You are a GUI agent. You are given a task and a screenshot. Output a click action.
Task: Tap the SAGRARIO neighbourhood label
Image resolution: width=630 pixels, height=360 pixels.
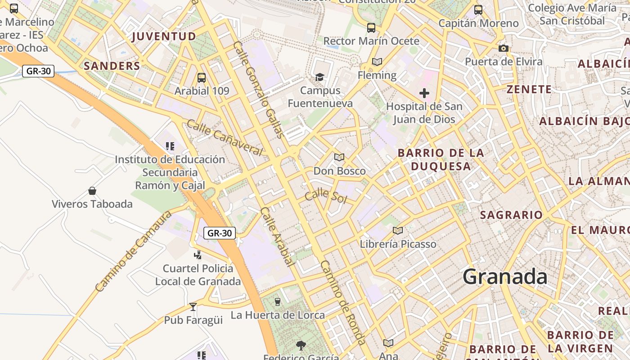(511, 215)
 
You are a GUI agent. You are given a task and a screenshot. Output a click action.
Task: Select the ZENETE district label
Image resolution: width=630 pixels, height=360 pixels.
(529, 89)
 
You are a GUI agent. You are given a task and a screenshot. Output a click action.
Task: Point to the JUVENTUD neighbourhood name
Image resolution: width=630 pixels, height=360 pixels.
(164, 36)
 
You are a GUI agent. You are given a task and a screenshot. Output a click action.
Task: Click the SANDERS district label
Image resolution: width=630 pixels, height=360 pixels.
(112, 66)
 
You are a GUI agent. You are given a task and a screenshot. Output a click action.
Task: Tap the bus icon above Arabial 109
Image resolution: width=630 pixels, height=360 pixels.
(202, 78)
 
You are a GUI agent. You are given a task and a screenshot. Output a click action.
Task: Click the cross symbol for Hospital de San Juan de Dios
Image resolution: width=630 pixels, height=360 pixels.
(424, 93)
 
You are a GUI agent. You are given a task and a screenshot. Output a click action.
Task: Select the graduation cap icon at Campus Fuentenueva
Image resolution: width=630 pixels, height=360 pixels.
(319, 77)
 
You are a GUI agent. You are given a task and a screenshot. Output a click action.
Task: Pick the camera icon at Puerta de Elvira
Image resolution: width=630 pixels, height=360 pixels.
(503, 48)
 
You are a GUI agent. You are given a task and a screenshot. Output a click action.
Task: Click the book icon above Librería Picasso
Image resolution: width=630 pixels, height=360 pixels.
(398, 231)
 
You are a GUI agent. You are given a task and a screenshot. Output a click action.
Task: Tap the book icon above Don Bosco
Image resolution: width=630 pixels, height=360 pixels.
(339, 157)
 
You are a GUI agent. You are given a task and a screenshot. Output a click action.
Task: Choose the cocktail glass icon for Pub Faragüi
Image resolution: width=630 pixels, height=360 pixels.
(193, 306)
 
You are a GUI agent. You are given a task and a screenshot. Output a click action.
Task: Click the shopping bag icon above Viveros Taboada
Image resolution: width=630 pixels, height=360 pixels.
(92, 191)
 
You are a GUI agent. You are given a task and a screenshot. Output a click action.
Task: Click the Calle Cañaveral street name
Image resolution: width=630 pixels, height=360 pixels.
(224, 137)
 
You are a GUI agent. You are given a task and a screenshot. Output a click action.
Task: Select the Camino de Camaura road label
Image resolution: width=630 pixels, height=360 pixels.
(134, 251)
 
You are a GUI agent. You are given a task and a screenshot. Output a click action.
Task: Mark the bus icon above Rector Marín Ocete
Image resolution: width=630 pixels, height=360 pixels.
(371, 28)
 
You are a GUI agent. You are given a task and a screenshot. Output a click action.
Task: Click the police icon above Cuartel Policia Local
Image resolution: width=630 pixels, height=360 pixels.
(198, 255)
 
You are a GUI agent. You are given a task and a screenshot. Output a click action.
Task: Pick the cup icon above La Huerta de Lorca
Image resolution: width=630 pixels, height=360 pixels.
(278, 301)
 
